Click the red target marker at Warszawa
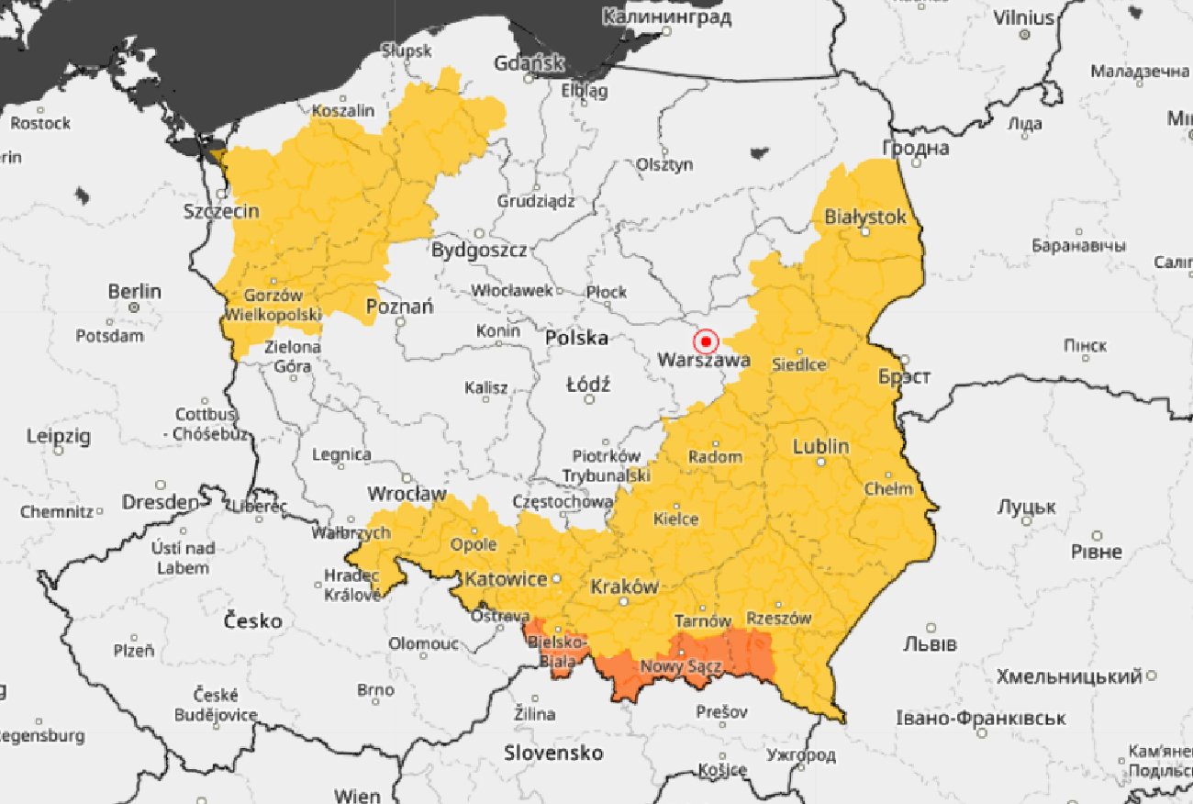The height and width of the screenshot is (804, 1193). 706,342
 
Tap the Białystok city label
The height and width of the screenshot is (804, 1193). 865,217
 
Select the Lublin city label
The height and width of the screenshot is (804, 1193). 820,447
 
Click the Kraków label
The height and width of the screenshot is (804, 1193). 624,586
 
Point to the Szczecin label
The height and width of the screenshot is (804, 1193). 221,211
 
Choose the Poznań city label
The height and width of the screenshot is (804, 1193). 399,307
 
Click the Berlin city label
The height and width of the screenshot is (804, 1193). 134,291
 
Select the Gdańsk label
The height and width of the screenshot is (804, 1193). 528,63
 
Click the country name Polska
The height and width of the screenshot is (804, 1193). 576,338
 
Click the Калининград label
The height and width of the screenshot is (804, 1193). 667,17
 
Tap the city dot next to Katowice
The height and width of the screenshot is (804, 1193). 556,579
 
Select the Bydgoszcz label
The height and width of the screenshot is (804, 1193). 479,250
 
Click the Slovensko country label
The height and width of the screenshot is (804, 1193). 553,754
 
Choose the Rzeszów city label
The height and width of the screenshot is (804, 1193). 778,619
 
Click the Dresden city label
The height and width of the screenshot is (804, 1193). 161,502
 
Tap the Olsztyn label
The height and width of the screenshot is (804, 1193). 664,164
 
